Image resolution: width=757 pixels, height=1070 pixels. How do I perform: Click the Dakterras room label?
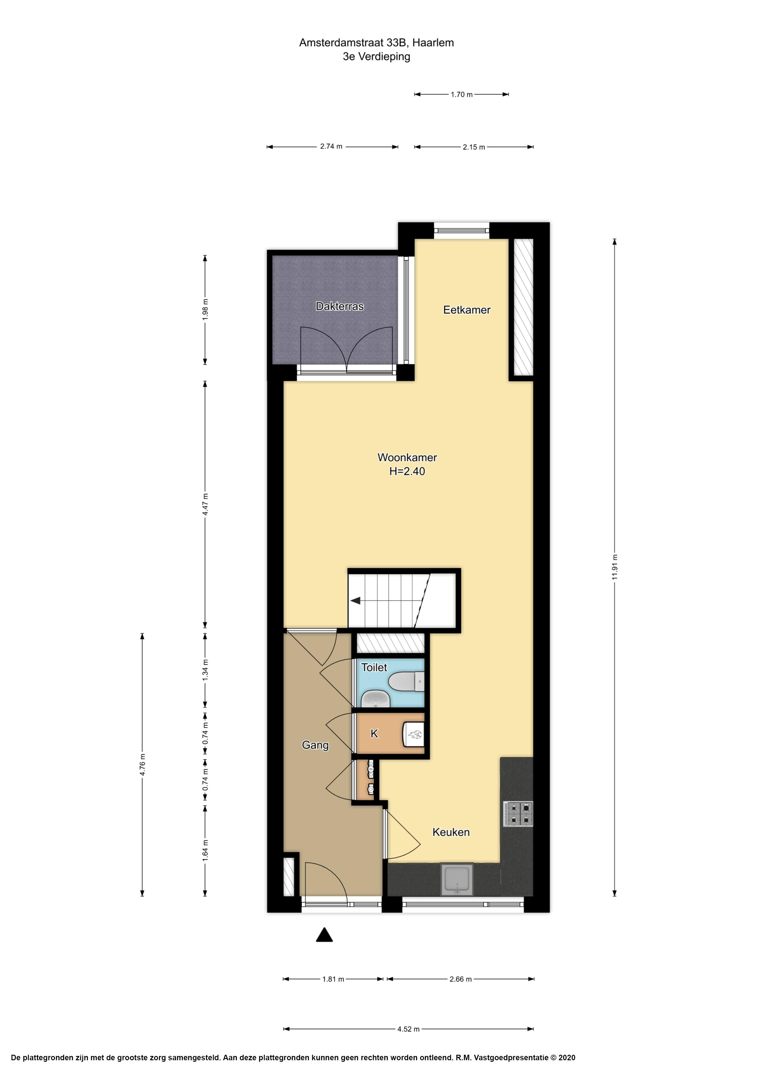(339, 306)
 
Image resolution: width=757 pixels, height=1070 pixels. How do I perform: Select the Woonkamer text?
(407, 457)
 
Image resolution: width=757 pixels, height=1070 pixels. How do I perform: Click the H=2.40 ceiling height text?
(407, 471)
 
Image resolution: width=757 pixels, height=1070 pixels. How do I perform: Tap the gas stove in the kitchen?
(518, 814)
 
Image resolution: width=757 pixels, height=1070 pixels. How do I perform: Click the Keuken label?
(451, 845)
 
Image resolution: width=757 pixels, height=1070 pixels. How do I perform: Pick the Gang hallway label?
(315, 745)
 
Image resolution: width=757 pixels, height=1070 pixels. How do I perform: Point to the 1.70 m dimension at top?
(461, 95)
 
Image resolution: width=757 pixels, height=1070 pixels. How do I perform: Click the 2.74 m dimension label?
(331, 146)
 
